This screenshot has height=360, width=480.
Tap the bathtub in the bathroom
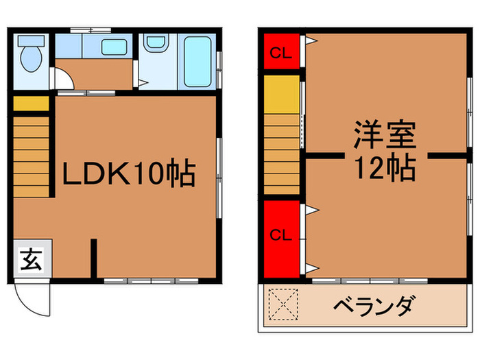point(197,61)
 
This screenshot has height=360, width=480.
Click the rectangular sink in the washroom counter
point(114,48)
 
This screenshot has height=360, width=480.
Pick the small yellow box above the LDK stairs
point(31,104)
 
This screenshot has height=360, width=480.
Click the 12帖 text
point(384,166)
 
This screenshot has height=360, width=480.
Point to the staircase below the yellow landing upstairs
point(282,155)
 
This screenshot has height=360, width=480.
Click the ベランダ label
point(374,305)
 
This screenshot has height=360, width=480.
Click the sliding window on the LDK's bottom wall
point(152,280)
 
